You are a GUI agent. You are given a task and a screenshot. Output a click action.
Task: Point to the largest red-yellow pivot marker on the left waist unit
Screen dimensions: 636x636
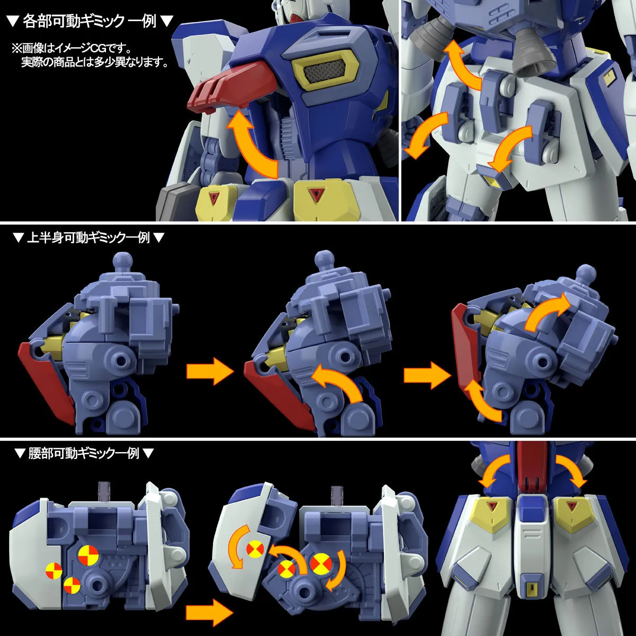(87, 555)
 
